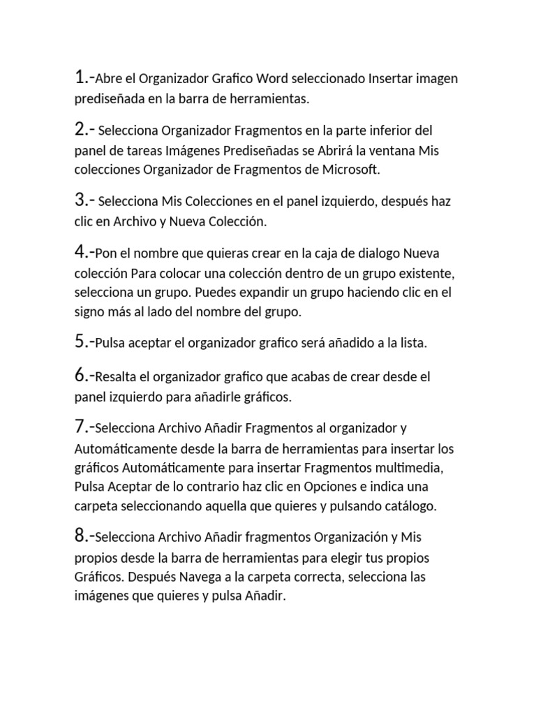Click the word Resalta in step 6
click(x=114, y=377)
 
